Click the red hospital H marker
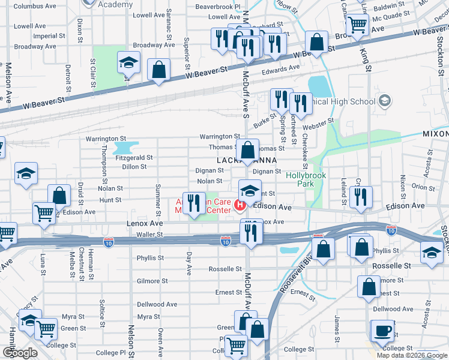(240, 206)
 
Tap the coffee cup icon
(382, 329)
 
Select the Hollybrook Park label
(306, 179)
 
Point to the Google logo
(20, 353)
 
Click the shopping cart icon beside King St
(357, 25)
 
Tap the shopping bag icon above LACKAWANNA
(247, 150)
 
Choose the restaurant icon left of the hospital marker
(193, 203)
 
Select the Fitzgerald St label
(134, 158)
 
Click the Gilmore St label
(152, 281)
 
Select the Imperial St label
(45, 36)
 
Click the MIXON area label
(435, 133)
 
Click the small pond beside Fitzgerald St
(124, 147)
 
